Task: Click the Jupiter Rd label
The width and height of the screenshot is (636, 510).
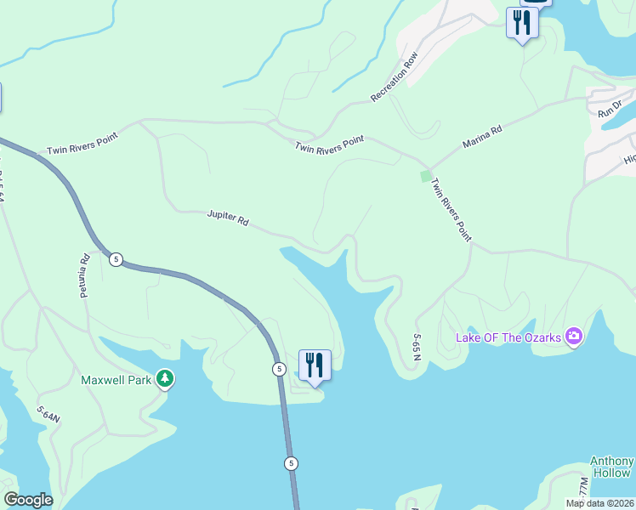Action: point(227,217)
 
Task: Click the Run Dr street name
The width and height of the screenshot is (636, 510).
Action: point(610,108)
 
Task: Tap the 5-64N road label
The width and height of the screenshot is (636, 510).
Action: point(48,416)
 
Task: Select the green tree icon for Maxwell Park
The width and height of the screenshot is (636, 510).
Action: point(165,379)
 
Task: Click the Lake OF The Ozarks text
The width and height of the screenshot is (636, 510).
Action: point(508,337)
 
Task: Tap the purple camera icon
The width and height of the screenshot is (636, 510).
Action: point(574,337)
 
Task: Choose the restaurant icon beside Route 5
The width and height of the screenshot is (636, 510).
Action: point(315,365)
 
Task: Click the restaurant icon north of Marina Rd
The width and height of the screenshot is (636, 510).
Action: point(521,22)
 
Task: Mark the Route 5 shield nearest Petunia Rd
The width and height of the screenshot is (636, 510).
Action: point(116,258)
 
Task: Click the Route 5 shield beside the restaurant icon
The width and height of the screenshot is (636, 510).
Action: point(279,369)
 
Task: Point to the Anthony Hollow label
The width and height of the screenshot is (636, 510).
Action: point(611,467)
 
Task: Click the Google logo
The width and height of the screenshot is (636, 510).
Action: point(28,500)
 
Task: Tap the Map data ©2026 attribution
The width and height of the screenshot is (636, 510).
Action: point(599,503)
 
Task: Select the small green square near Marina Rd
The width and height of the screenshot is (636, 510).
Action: point(425,176)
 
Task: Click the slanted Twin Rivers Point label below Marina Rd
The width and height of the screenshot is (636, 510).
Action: point(451,209)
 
